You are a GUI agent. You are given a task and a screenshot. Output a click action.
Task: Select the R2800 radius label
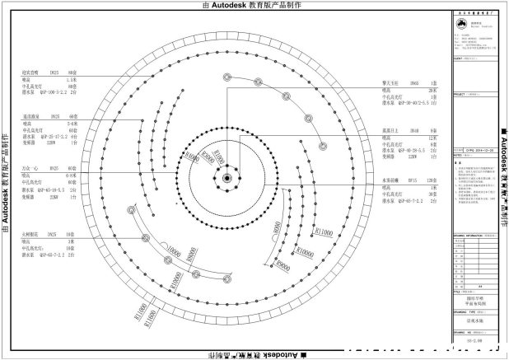[x=208, y=161]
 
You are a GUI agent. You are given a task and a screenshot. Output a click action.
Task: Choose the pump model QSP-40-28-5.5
[x=401, y=151]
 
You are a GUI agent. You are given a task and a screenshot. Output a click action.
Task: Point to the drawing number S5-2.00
[x=474, y=339]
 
